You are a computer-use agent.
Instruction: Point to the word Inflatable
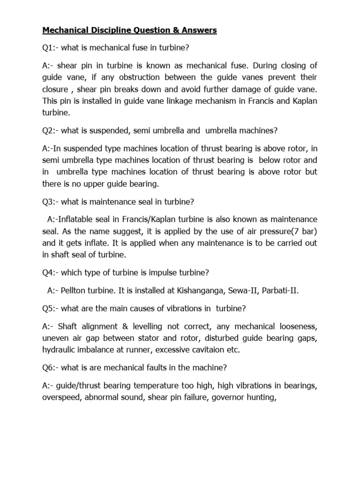[83, 219]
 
